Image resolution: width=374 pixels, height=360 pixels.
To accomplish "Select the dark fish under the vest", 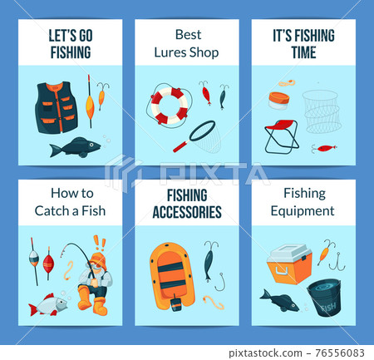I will click(x=75, y=148).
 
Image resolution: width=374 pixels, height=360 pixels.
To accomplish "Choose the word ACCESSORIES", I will click(x=187, y=212).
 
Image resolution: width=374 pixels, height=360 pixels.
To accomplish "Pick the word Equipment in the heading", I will click(x=303, y=210).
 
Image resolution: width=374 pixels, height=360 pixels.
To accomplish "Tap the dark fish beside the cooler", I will click(x=279, y=300).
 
